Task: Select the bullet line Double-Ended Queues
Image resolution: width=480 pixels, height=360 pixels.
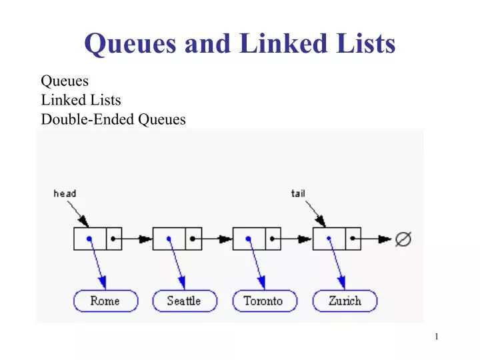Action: click(x=113, y=119)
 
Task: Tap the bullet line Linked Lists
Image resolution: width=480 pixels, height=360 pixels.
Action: click(x=81, y=100)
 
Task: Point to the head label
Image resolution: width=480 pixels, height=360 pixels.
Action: click(x=65, y=193)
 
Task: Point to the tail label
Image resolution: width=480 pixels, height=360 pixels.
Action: click(x=298, y=193)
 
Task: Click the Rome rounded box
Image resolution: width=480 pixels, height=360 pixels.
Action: click(x=105, y=301)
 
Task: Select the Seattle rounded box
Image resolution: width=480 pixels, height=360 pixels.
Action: click(x=185, y=301)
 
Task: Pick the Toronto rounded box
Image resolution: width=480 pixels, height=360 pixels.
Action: click(x=263, y=301)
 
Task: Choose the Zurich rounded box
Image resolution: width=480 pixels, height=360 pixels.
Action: click(x=345, y=301)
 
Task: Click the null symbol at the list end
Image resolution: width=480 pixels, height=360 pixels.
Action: click(x=403, y=239)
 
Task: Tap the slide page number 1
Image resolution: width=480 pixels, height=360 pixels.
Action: click(x=437, y=337)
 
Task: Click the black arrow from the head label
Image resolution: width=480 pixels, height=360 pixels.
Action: click(x=79, y=213)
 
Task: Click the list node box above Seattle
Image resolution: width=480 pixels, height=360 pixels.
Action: click(x=177, y=239)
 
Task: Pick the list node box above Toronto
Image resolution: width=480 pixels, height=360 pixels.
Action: click(x=257, y=239)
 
